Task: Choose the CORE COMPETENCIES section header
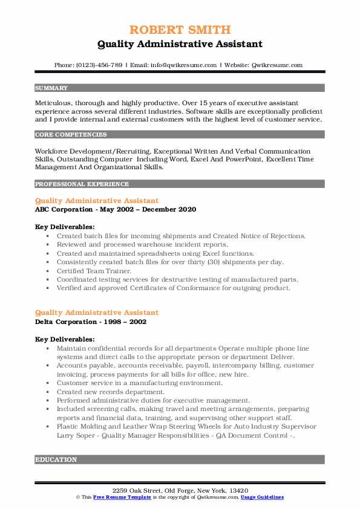tap(71, 135)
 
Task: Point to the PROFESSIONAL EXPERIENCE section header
tap(82, 184)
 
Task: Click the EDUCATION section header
tap(56, 459)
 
